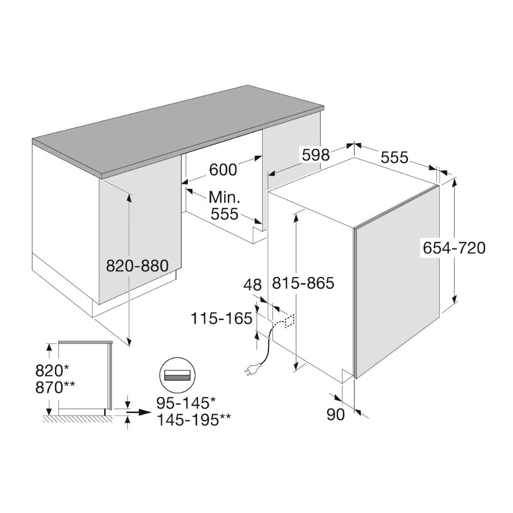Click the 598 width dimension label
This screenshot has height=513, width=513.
point(315,154)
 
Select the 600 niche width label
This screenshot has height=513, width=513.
point(223,170)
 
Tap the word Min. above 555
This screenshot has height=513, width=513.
point(225,198)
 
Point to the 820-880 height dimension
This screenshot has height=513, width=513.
point(137,266)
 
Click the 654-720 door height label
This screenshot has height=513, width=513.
point(454,248)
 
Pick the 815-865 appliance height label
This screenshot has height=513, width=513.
point(303,283)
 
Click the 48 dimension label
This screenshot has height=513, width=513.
point(252,285)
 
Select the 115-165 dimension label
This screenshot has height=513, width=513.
point(222,318)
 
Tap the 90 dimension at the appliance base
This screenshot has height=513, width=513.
point(336,415)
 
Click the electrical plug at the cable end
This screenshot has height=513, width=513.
point(249,369)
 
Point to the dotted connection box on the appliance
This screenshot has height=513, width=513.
point(290,321)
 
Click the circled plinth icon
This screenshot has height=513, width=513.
point(177,376)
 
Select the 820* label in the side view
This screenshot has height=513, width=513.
point(52,371)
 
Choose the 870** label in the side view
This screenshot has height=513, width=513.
point(55,387)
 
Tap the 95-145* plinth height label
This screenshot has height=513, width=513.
point(186,403)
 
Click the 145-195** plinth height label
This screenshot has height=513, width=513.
point(194,420)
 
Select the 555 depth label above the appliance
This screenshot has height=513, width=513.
point(394,157)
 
